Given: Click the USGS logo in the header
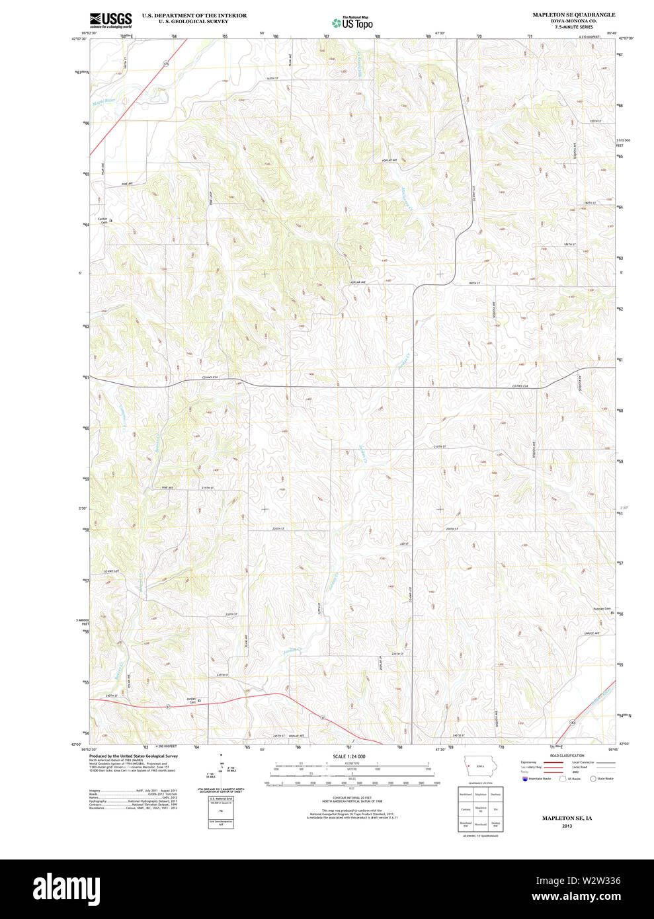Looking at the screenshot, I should [110, 19].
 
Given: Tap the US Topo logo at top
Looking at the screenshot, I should [352, 22].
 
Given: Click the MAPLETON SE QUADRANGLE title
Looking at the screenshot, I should [573, 15].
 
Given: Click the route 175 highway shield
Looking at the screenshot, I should [166, 63].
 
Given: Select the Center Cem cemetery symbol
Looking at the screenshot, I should [111, 220].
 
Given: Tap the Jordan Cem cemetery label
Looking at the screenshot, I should [190, 700].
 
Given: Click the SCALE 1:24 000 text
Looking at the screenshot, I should [348, 756].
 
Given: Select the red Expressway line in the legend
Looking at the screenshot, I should [553, 762].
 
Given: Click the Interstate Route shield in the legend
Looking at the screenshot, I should [525, 779].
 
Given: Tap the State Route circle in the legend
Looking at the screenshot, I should [593, 779].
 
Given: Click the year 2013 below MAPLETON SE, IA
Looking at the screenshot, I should [567, 826].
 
